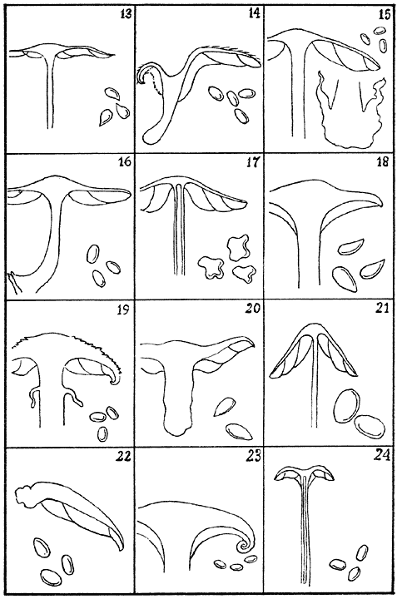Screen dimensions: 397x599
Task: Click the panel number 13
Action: point(125,14)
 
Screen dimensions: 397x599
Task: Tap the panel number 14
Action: point(254,14)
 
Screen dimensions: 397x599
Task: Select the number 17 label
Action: point(254,162)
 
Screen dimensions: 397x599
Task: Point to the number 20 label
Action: point(253,308)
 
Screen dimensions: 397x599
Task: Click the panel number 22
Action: point(124,457)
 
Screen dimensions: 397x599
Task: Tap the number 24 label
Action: point(383,455)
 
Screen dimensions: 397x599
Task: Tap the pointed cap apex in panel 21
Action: point(312,327)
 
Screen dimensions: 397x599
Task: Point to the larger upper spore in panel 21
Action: point(347,406)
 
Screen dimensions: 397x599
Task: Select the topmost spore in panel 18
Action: point(351,246)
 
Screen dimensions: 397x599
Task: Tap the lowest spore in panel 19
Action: point(102,433)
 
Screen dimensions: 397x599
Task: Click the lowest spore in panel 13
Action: point(105,118)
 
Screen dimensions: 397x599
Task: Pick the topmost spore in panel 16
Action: point(93,254)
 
